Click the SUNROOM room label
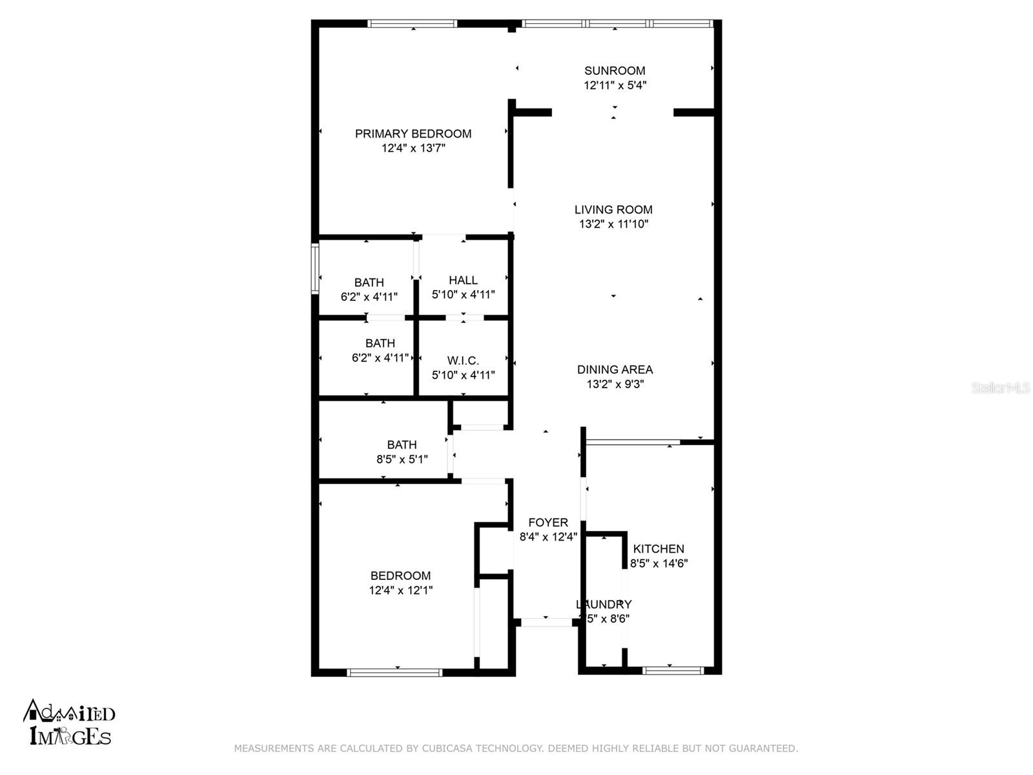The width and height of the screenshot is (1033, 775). click(615, 70)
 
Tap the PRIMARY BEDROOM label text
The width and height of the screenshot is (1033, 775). click(413, 134)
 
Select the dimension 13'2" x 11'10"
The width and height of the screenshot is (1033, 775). click(613, 224)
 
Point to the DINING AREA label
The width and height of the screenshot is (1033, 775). click(615, 369)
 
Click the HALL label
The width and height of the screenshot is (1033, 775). click(463, 280)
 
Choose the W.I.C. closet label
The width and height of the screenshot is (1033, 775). click(463, 360)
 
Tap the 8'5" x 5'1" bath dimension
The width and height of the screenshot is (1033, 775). click(402, 459)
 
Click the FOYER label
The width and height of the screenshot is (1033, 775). click(548, 522)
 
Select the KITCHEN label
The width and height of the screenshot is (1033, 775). click(659, 548)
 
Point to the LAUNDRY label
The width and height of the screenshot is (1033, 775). click(604, 604)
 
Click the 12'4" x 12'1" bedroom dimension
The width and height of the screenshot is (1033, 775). click(400, 590)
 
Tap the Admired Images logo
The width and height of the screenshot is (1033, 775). click(70, 723)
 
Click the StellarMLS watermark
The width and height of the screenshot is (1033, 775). click(1000, 387)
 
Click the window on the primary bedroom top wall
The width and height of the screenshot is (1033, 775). click(413, 23)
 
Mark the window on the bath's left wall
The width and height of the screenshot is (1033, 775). click(315, 267)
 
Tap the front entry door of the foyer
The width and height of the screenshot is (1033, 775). click(546, 623)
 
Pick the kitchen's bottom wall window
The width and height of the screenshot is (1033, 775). click(673, 670)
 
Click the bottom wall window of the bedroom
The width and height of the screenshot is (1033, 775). click(394, 672)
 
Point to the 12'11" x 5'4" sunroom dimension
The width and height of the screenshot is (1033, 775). click(615, 85)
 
